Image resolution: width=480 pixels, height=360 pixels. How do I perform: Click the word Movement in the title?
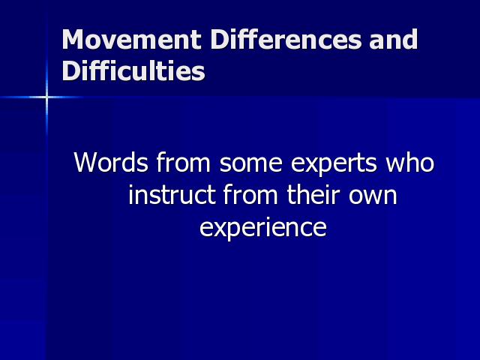132,39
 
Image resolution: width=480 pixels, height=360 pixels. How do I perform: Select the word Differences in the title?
286,39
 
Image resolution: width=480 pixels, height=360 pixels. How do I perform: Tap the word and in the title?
393,39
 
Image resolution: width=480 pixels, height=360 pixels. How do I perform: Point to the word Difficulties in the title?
133,70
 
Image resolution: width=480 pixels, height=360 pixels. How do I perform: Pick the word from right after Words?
184,162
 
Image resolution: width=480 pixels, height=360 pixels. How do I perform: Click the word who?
410,162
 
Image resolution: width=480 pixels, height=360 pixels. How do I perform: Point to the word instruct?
172,194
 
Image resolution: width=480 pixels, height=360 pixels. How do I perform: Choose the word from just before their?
250,194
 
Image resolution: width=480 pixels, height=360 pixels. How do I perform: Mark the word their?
313,194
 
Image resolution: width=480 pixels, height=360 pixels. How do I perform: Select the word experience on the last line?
263,228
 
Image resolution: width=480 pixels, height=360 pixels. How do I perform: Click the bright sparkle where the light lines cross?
46,97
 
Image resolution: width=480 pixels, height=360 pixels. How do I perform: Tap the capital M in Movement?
73,39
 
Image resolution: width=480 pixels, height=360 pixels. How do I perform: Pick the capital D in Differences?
219,39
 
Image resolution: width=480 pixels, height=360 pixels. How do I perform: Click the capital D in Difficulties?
70,70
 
